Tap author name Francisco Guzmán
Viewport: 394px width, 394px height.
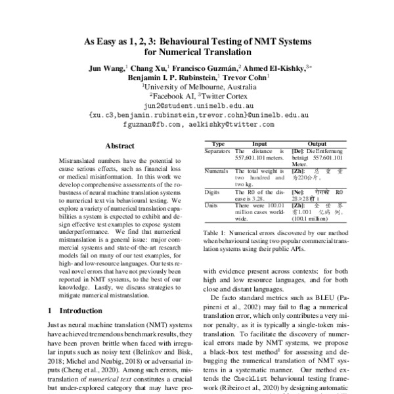(x=204, y=68)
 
